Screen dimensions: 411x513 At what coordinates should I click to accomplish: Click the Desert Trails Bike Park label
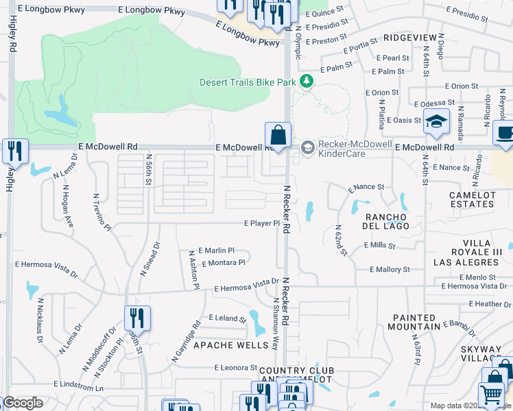(x=248, y=82)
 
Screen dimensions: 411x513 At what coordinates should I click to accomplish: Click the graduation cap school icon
(x=436, y=122)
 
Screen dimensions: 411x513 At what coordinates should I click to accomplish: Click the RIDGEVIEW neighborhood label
(x=411, y=38)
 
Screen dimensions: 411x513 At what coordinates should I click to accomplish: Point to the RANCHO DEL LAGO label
(x=386, y=221)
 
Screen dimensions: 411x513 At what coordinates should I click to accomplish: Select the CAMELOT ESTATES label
(x=471, y=199)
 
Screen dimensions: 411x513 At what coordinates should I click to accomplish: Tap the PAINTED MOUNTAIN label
(x=414, y=322)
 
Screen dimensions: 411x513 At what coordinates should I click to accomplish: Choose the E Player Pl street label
(x=262, y=223)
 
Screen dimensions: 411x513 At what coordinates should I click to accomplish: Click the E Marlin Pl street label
(x=216, y=251)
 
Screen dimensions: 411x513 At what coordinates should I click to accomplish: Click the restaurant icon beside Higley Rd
(x=14, y=151)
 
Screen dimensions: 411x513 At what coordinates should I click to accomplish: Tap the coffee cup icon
(x=505, y=134)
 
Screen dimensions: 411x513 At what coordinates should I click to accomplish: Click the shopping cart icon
(x=490, y=395)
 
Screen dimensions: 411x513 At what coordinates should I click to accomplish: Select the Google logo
(x=23, y=403)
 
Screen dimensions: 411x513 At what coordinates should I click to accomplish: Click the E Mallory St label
(x=389, y=270)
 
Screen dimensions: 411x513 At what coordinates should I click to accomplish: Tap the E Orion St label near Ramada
(x=461, y=86)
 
